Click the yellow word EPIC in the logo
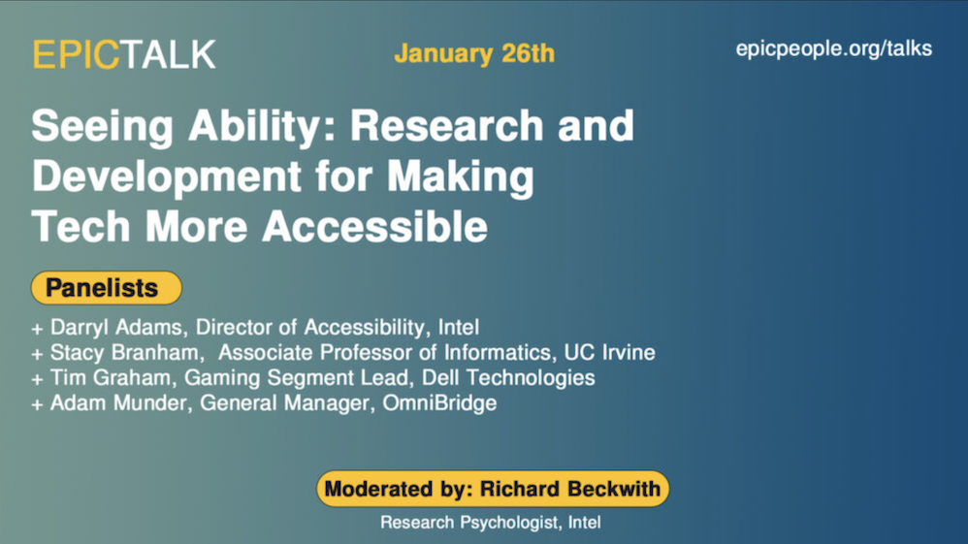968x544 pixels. tap(76, 53)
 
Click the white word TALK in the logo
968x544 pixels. tap(168, 53)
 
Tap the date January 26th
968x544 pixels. tap(474, 53)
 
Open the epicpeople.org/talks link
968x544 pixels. tap(833, 48)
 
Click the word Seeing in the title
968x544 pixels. tap(103, 127)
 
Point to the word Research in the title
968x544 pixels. tap(446, 125)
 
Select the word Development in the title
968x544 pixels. tap(167, 177)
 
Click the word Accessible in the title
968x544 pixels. tap(374, 226)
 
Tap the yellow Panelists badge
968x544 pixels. tap(106, 288)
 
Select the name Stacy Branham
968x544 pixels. tap(125, 353)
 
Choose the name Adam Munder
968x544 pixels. tap(118, 402)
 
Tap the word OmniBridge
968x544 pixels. tap(439, 402)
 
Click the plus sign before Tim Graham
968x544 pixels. tap(38, 379)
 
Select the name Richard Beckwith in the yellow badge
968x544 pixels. tap(569, 489)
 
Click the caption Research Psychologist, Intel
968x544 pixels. tap(490, 523)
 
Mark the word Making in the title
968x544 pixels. tap(461, 177)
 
